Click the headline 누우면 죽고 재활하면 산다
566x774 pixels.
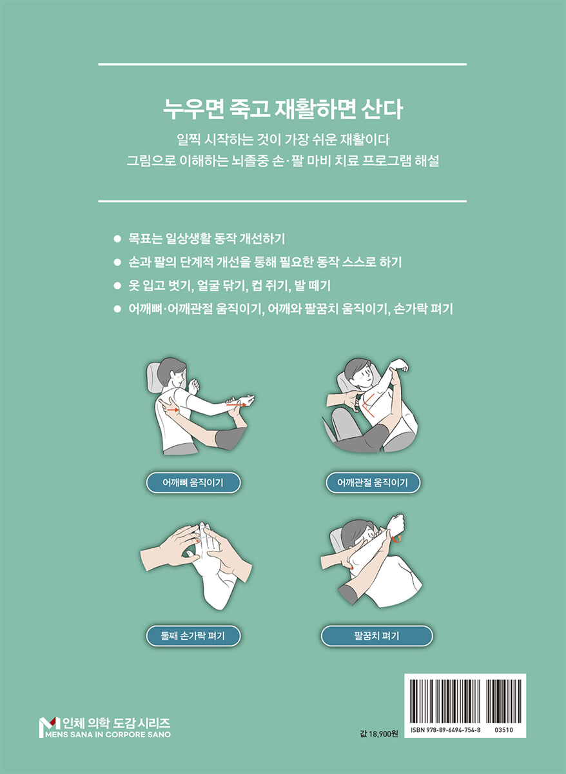pyautogui.click(x=282, y=110)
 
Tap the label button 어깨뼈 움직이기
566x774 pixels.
pyautogui.click(x=193, y=482)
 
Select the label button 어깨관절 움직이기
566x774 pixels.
pyautogui.click(x=373, y=482)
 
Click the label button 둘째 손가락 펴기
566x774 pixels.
pyautogui.click(x=193, y=635)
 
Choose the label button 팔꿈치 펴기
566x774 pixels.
pyautogui.click(x=376, y=635)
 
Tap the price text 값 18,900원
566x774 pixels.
pyautogui.click(x=378, y=733)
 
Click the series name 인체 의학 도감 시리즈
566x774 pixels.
pyautogui.click(x=115, y=722)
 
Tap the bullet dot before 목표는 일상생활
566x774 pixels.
pyautogui.click(x=117, y=239)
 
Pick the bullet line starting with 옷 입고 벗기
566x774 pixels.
pyautogui.click(x=229, y=285)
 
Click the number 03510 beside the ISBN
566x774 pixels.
pyautogui.click(x=503, y=729)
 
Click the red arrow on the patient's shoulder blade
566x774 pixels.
pyautogui.click(x=172, y=410)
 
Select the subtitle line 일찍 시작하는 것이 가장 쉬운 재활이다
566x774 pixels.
pyautogui.click(x=283, y=139)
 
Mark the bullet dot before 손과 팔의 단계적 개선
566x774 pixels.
pyautogui.click(x=117, y=263)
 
